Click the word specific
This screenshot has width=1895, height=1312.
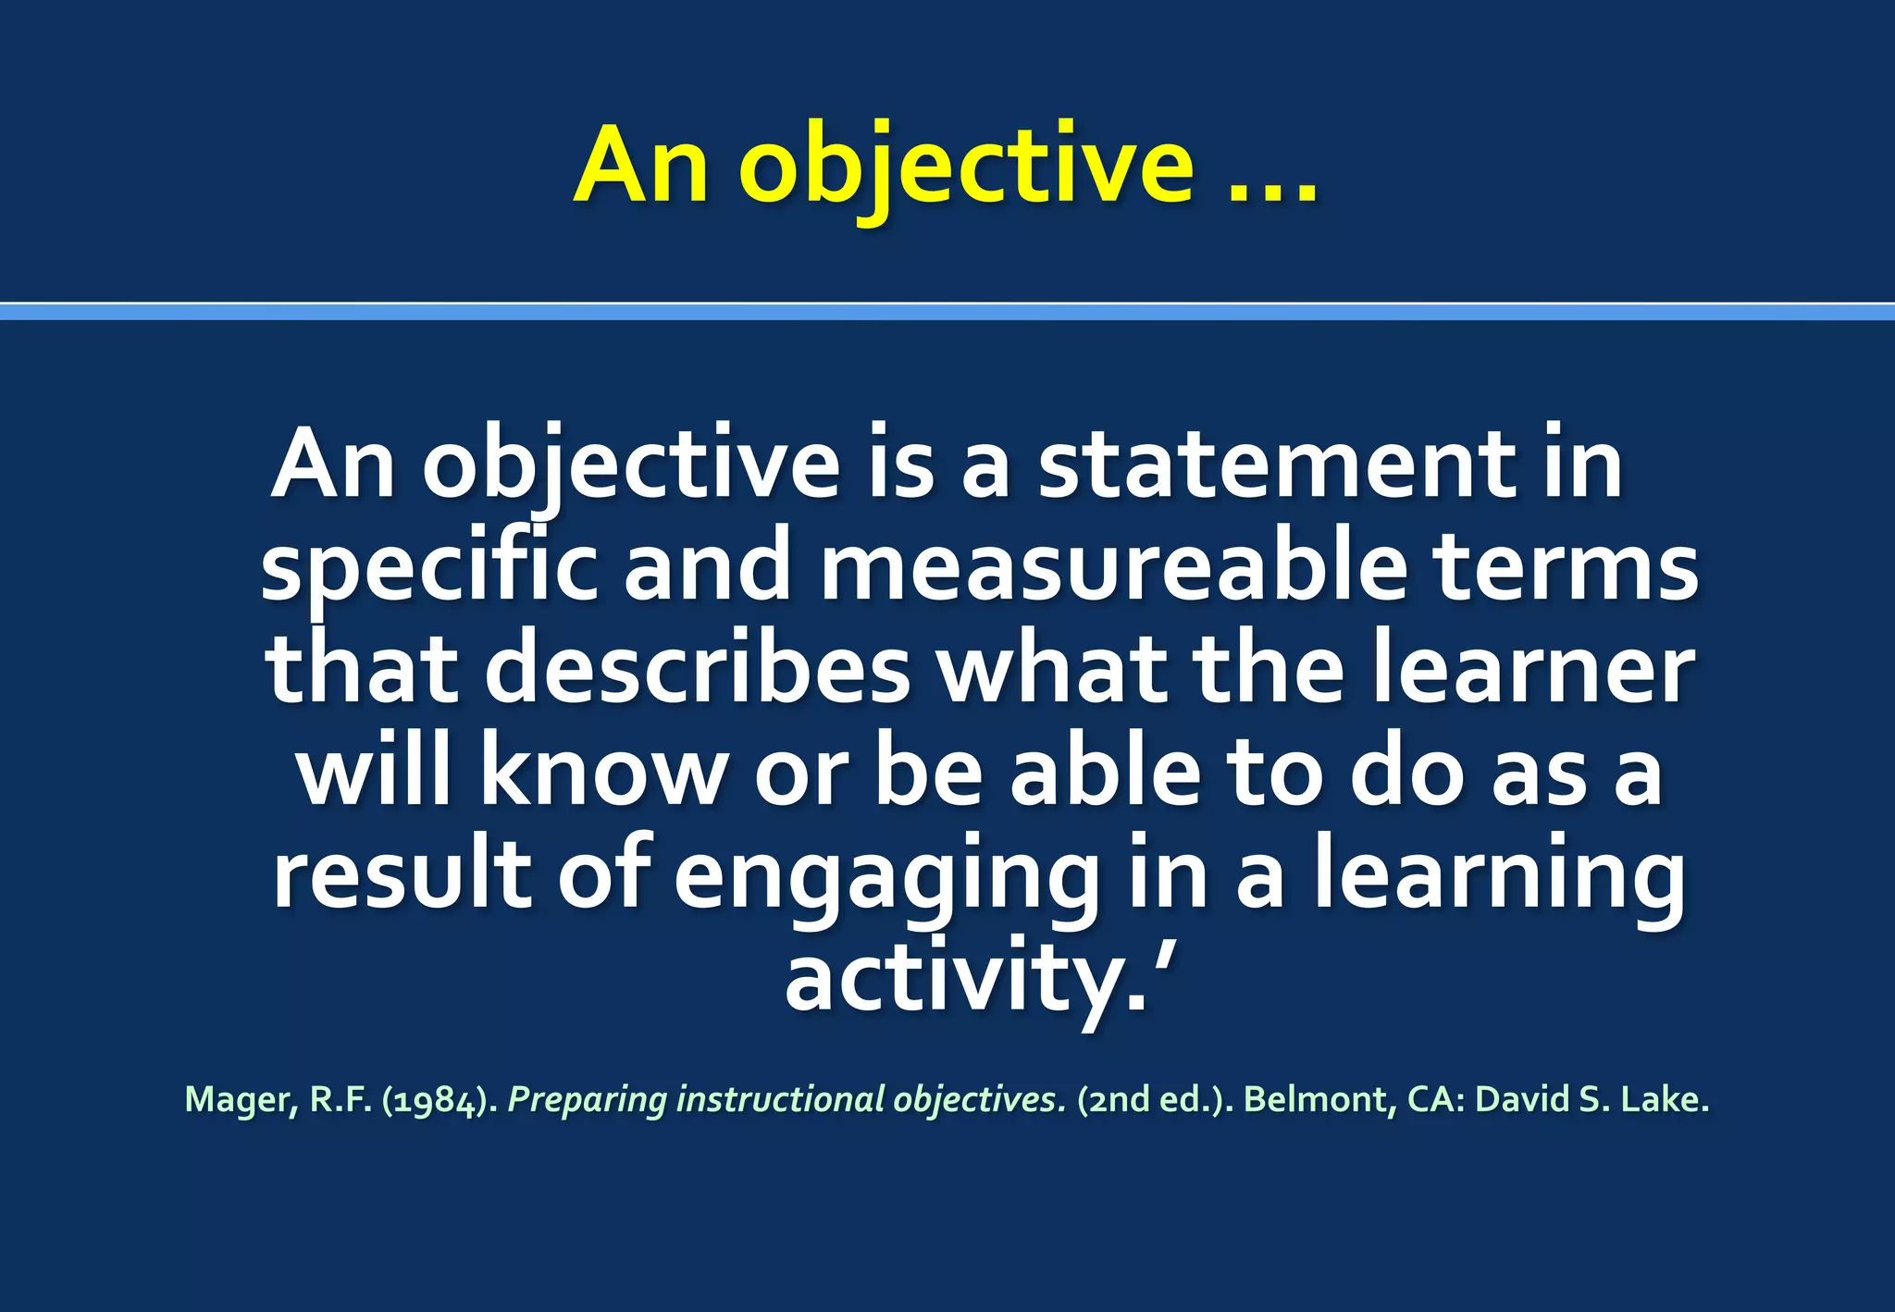pyautogui.click(x=429, y=565)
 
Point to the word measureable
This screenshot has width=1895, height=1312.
pyautogui.click(x=1113, y=565)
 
